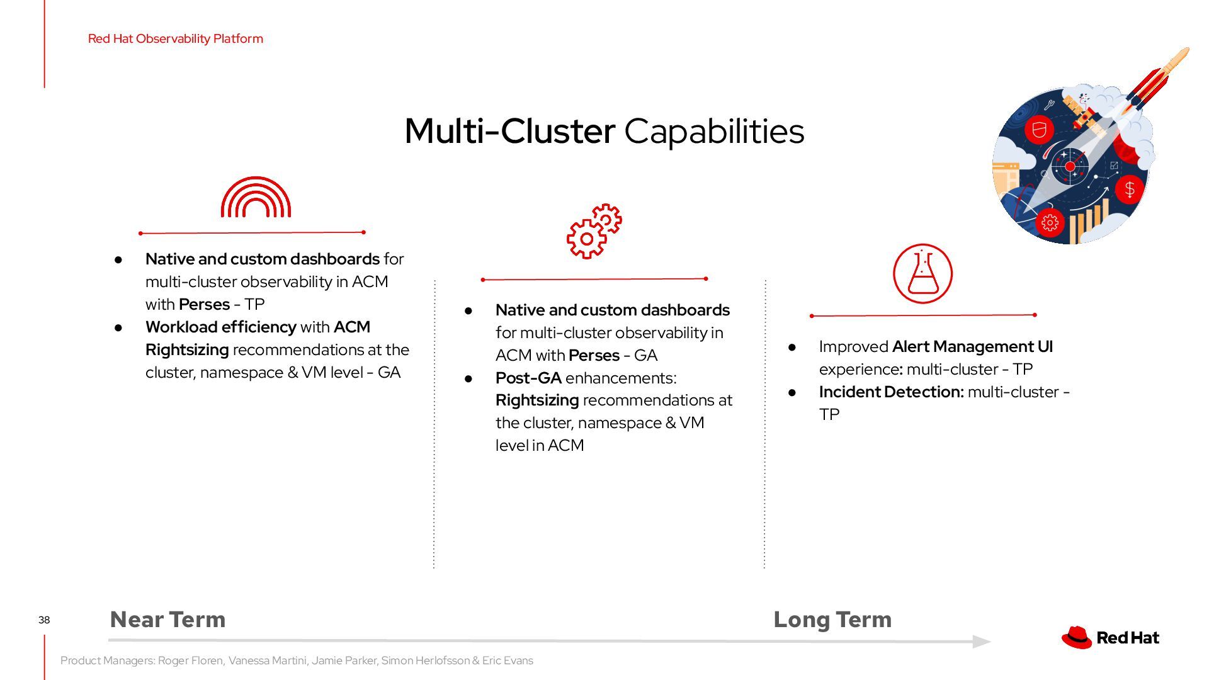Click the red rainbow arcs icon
pos(256,198)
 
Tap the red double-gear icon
pos(593,231)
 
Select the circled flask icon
pos(922,274)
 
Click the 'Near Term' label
pos(167,620)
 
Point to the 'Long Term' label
pos(832,620)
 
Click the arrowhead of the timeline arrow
pos(982,642)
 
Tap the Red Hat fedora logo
pos(1076,637)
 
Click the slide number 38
pos(44,620)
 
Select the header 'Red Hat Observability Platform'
pos(176,38)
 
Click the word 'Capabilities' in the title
pos(714,131)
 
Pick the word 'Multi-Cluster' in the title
pos(509,131)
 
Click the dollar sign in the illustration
pos(1130,189)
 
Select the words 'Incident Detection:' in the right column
pos(891,392)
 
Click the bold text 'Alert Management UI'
pos(972,346)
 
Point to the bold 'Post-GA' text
pos(528,378)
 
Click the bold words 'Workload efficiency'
pos(220,327)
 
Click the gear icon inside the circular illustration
pos(1050,222)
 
